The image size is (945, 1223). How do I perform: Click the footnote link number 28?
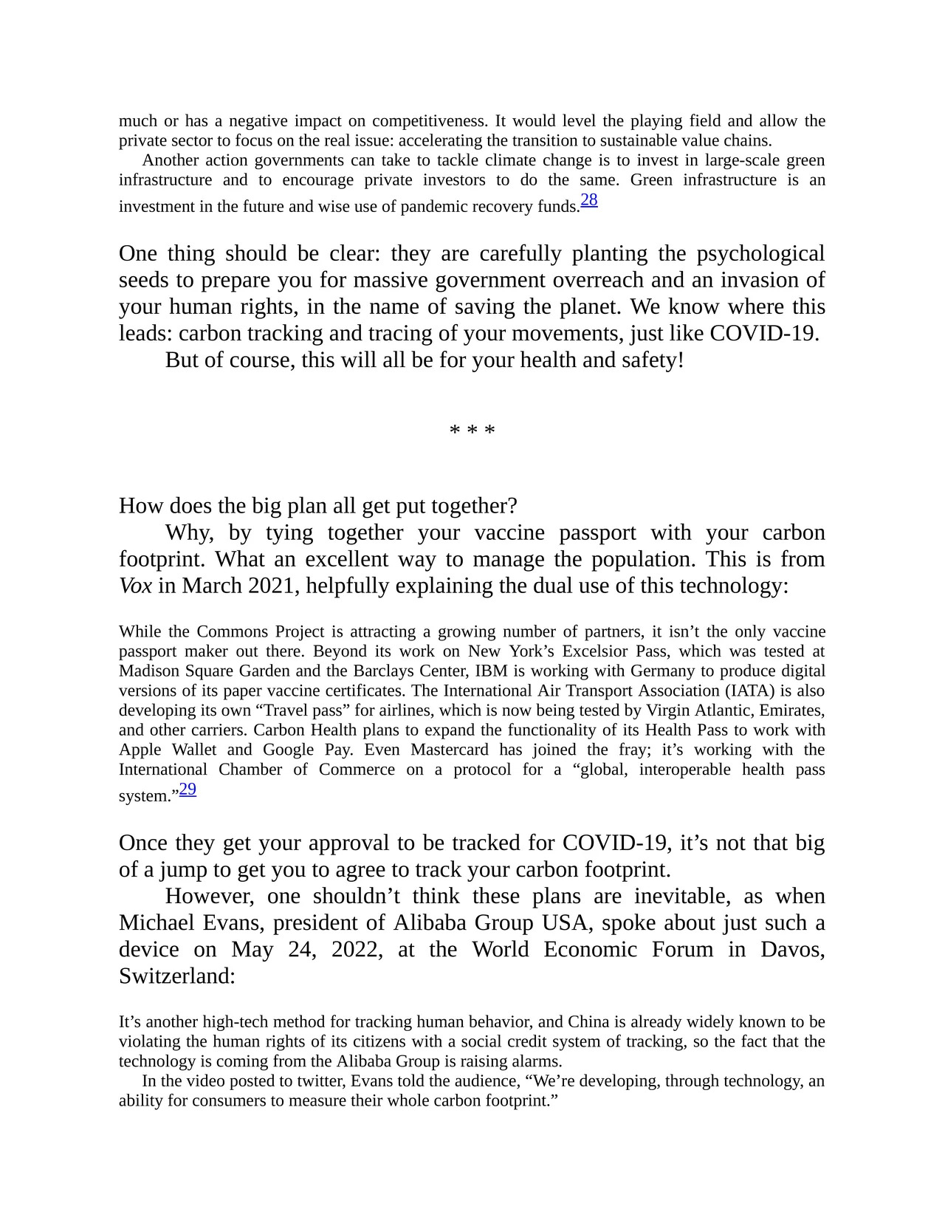pos(588,200)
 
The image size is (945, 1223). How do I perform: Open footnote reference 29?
pos(188,789)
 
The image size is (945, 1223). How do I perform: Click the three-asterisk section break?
pos(472,431)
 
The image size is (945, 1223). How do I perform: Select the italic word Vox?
pos(135,586)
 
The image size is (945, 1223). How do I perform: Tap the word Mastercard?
pos(450,750)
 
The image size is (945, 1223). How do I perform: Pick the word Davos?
pos(793,949)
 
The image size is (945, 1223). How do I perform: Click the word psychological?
pos(760,253)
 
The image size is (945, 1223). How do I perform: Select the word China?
pos(588,1022)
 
